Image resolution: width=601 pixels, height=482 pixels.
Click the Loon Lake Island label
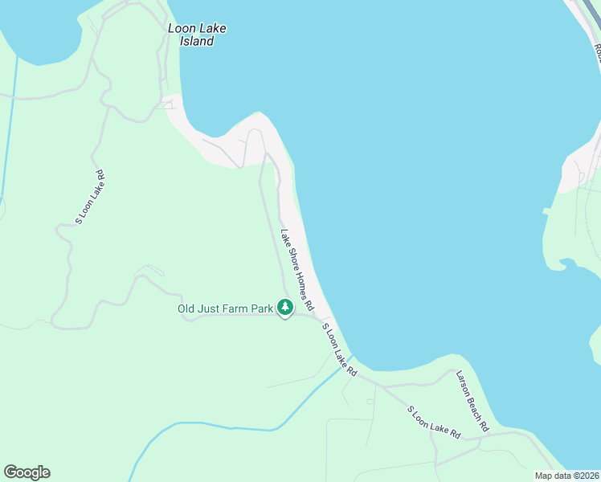(x=197, y=35)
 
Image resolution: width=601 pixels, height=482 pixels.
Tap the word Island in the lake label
(x=197, y=41)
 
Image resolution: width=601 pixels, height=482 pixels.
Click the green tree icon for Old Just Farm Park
(x=284, y=307)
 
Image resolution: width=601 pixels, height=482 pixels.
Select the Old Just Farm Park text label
(x=226, y=308)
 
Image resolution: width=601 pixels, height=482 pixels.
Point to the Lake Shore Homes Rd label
(x=296, y=271)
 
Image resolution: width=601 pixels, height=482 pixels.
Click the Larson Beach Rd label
(x=472, y=401)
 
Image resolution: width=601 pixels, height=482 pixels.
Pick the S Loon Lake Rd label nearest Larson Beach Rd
(x=434, y=422)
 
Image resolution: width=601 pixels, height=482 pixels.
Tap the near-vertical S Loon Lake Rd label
(x=89, y=197)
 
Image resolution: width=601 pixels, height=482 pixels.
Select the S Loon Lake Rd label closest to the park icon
(x=339, y=350)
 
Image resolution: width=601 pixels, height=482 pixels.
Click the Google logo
(x=27, y=472)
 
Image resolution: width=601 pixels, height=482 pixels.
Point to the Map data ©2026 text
(x=566, y=476)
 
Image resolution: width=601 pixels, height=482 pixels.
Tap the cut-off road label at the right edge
(x=597, y=53)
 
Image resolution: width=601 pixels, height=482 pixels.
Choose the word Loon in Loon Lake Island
(x=181, y=28)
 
